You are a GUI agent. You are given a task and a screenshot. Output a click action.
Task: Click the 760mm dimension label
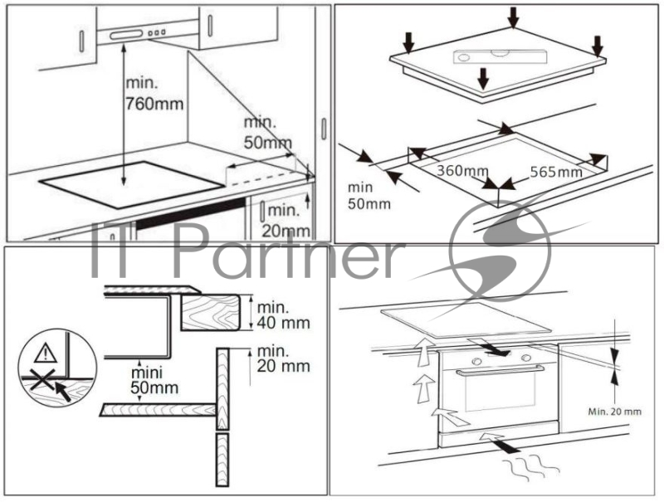[154, 104]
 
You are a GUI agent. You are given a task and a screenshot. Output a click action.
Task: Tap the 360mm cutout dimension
[462, 171]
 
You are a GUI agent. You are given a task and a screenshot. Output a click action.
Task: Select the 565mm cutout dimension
[556, 172]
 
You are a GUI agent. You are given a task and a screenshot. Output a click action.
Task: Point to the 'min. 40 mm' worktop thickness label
[283, 315]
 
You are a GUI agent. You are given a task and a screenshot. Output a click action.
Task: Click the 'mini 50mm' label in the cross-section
[154, 381]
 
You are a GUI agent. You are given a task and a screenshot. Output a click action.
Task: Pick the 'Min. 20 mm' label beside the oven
[615, 411]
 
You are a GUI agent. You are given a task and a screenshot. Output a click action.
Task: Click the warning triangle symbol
[46, 353]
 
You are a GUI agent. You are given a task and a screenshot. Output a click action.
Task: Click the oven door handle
[500, 371]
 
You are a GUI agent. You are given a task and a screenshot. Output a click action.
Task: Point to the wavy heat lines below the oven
[530, 467]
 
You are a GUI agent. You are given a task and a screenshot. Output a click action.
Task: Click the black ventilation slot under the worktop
[191, 213]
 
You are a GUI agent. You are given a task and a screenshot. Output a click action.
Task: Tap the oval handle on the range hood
[126, 35]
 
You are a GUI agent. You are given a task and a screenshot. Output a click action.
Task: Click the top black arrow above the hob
[513, 17]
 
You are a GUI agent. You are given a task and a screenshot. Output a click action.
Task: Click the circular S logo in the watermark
[500, 251]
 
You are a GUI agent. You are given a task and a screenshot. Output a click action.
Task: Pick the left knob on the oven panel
[476, 361]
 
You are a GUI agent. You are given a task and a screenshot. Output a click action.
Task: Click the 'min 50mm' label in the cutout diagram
[369, 196]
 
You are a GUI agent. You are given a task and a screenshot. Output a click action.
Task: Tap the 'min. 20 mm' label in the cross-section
[283, 358]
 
